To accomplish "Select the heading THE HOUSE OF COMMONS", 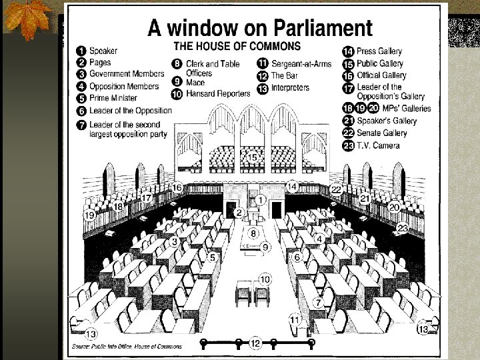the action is click(237, 46).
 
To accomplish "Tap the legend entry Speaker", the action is click(103, 51).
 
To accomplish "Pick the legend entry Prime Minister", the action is click(113, 98).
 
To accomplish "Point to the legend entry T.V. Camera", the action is click(378, 145).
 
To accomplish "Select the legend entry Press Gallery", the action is click(379, 51).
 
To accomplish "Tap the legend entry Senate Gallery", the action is click(381, 133).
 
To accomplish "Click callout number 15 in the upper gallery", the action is click(253, 157).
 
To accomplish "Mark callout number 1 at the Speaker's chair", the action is click(261, 199).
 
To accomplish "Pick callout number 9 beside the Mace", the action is click(265, 247).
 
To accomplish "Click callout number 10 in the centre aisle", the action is click(265, 279).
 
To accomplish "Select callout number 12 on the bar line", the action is click(255, 343).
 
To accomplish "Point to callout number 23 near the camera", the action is click(403, 228).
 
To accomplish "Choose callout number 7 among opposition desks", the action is click(319, 302).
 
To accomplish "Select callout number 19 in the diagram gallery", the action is click(89, 215).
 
